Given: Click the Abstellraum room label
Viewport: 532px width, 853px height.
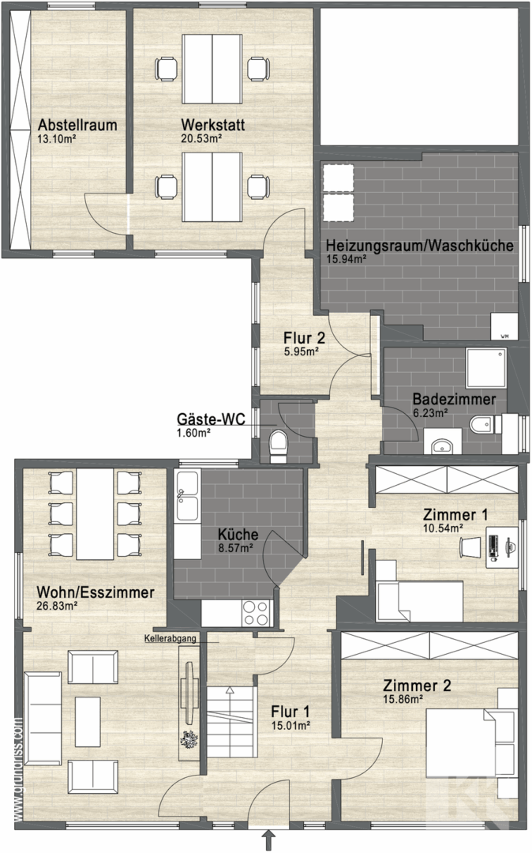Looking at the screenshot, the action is pos(77,125).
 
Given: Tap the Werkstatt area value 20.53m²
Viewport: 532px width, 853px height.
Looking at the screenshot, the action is pos(201,138).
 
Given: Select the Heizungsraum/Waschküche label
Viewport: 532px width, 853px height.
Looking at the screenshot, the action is pos(419,246).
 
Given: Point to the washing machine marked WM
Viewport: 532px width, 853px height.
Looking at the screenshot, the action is pos(504,327).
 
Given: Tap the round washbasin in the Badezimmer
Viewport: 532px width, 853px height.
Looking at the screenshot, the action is pos(442,445).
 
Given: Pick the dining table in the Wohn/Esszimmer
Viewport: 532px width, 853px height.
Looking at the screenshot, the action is pos(95,514).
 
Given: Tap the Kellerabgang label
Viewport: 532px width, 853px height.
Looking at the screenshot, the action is pos(170,638).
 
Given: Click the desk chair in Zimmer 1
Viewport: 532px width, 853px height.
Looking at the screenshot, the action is pos(470,547).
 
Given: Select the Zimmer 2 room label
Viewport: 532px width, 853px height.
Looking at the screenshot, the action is pos(417,686).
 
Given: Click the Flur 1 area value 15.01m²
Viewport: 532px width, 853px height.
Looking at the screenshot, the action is pos(290,724).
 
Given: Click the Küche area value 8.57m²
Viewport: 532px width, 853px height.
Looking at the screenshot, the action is pos(235,548).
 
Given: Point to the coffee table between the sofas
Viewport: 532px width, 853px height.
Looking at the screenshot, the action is pos(88,722).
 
